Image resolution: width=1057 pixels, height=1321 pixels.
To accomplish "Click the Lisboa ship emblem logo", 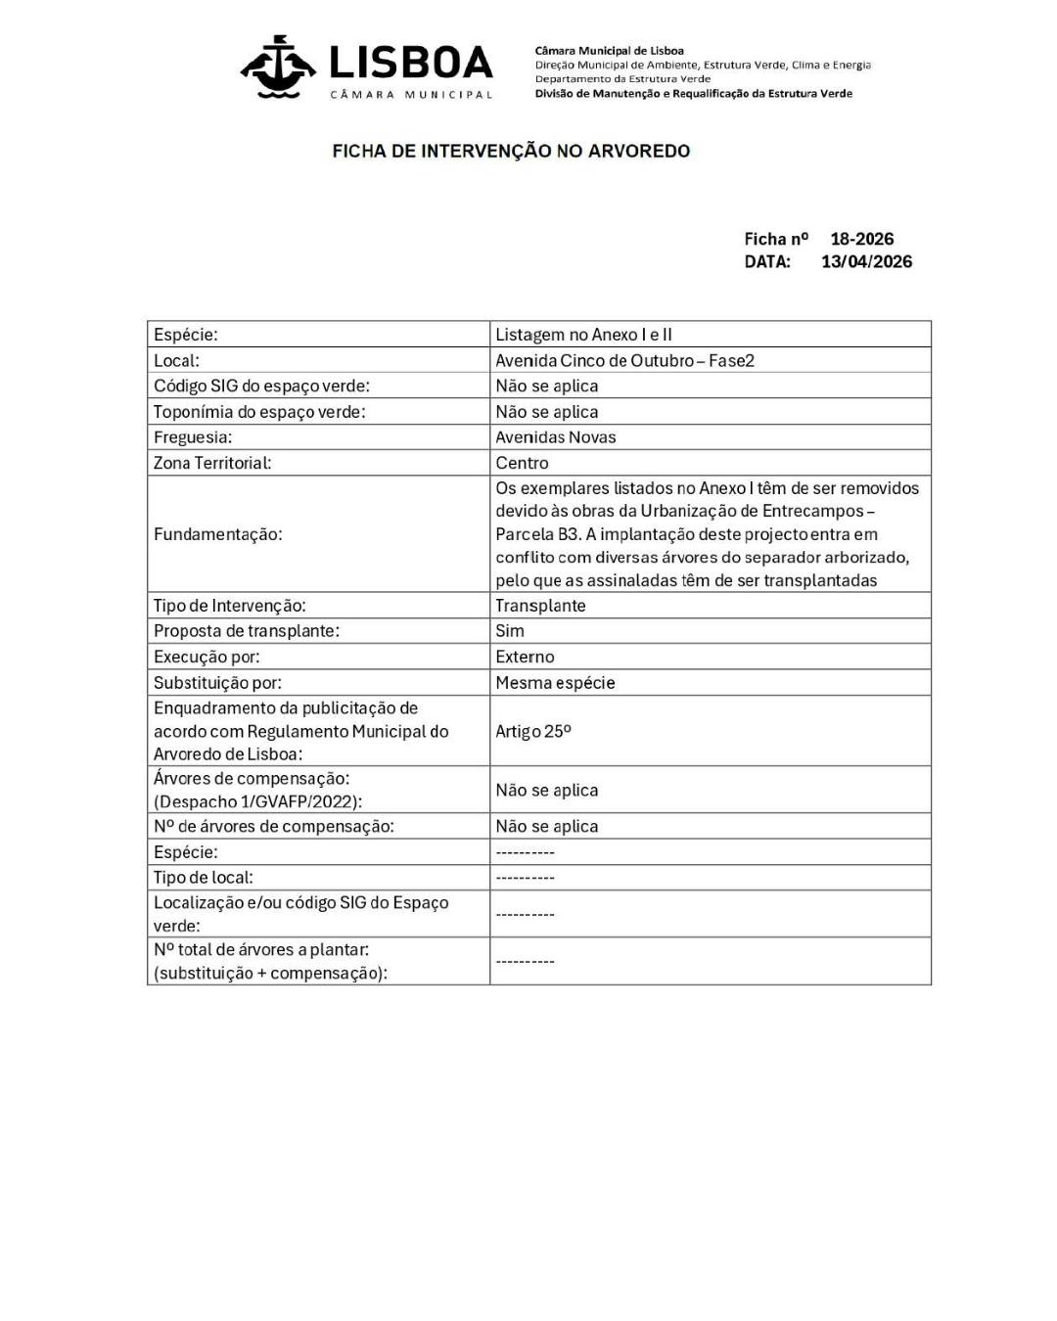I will point(278,67).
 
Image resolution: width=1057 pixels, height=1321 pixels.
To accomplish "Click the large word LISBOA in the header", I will point(411,64).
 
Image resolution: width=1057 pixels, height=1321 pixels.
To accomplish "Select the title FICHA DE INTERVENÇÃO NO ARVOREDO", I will point(511,152).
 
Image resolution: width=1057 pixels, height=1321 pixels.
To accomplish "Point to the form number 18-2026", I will point(861,239).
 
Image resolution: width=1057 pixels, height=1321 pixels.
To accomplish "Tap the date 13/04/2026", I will point(866,261).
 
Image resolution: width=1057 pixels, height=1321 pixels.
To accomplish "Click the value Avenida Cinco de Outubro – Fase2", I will point(624,360).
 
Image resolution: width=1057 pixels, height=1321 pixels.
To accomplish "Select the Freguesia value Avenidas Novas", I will point(555,437).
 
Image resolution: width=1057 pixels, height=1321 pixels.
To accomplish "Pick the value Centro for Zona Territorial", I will point(522,463).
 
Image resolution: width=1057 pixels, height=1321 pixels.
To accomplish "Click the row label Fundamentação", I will point(217,534).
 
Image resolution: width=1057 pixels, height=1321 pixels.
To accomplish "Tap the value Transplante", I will point(540,606).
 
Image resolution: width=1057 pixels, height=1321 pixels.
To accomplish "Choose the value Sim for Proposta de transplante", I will point(509,631).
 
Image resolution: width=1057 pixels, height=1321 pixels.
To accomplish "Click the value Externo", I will point(525,657).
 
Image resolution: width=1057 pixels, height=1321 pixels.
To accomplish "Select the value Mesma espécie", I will point(555,683).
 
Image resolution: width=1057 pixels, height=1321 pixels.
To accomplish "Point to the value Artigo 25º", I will point(532,731).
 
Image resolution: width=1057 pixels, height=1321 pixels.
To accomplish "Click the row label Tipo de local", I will point(203,878).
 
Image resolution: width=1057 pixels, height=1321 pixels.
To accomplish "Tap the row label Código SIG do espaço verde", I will point(261,386).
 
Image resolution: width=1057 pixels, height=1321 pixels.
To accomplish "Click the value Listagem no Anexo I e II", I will point(583,335).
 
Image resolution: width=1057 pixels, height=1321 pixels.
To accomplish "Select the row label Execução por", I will point(207,657).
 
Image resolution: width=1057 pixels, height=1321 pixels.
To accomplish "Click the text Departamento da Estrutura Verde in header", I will point(622,79).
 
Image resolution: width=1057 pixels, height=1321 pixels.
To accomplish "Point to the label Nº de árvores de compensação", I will point(273,827).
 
